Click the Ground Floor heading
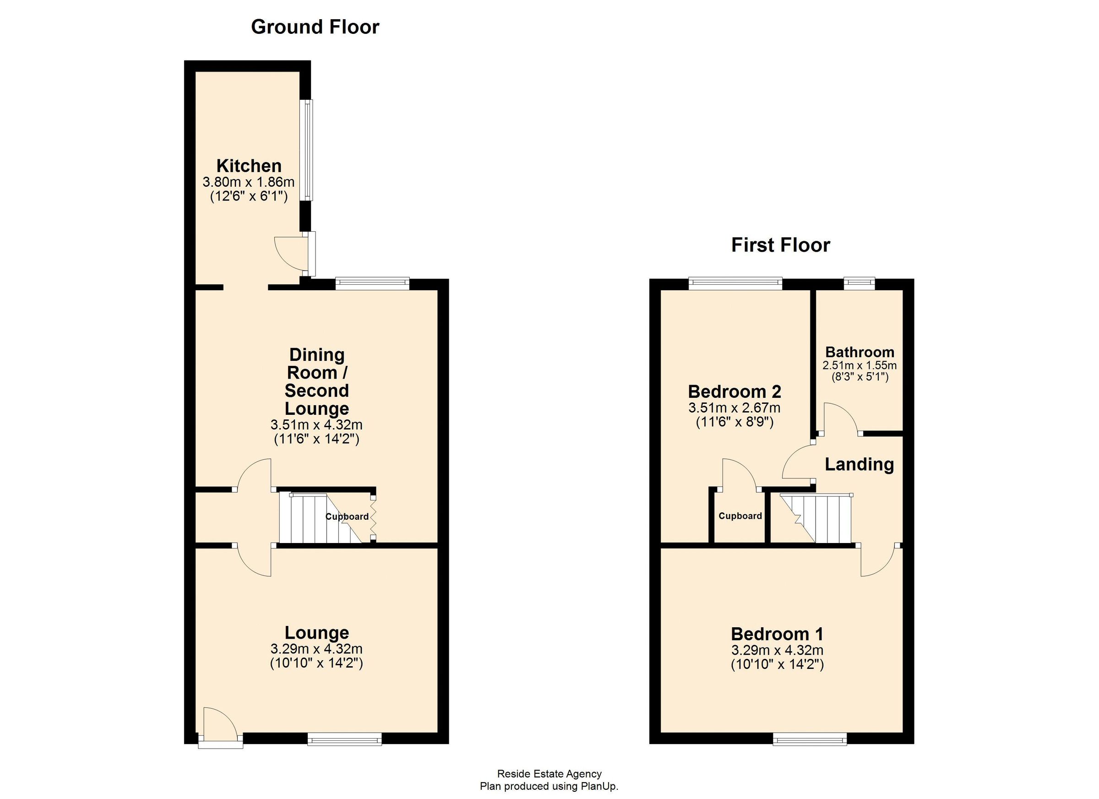pos(315,27)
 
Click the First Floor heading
pos(780,245)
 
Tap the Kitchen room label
pos(249,166)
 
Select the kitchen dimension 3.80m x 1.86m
pos(249,182)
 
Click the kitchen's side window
pos(306,150)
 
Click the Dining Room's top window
pos(372,283)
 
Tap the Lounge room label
pos(316,633)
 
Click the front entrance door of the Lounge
pos(219,726)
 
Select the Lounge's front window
pos(344,739)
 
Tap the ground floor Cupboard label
pos(347,516)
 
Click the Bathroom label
pos(860,352)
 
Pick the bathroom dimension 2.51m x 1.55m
pos(860,365)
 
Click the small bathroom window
pos(860,283)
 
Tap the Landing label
pos(859,465)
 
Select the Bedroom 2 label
pos(734,391)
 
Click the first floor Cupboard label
pos(740,516)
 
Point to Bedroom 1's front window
pos(810,739)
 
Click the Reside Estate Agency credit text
pos(549,774)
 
